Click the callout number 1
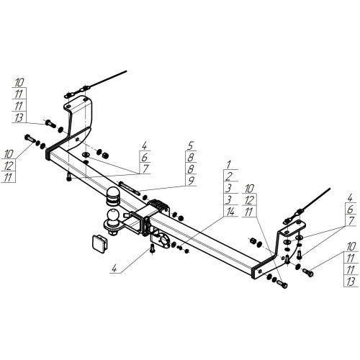pos(229,165)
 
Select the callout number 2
pos(229,176)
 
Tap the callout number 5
pos(191,145)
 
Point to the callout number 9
pos(191,181)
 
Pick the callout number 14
pos(230,212)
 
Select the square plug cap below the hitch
pos(100,243)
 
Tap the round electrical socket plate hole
pos(163,240)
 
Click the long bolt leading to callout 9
pos(128,187)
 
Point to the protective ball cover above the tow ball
pos(112,196)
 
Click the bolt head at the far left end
pos(30,138)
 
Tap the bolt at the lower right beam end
pos(282,284)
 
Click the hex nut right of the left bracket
pos(105,155)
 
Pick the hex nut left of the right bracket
pos(253,240)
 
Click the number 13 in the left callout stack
pos(19,118)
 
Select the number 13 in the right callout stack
pos(351,282)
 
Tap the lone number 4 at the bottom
pos(114,269)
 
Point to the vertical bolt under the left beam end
pos(68,178)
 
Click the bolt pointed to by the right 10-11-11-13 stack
pos(308,272)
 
